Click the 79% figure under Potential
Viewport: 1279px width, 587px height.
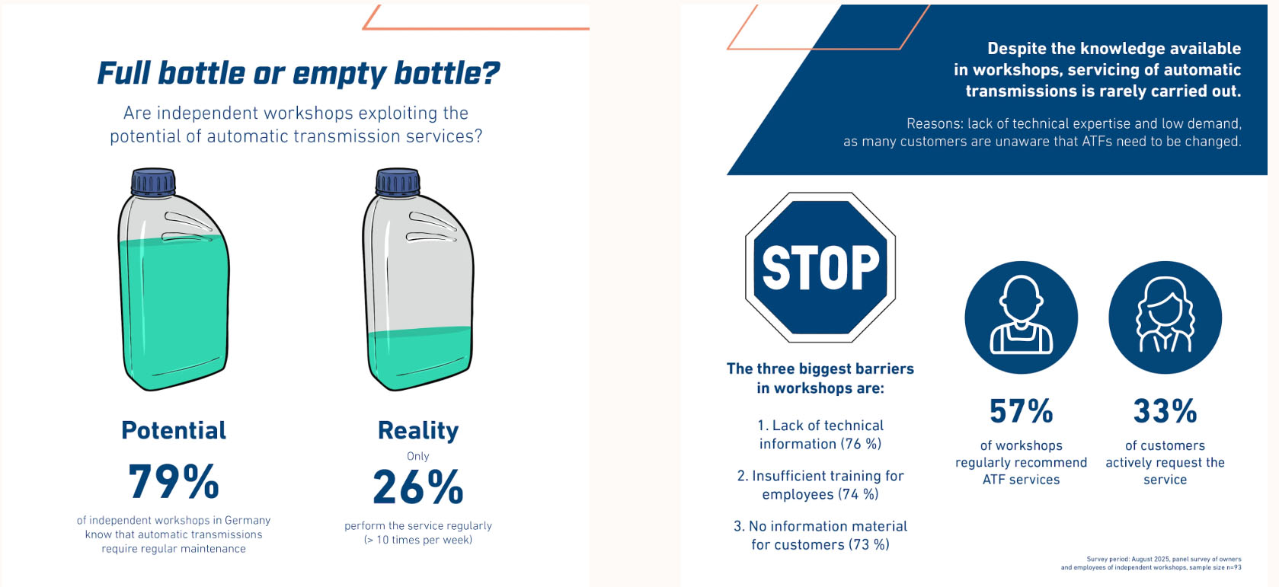coord(174,481)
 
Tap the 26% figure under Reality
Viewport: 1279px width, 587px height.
coord(417,487)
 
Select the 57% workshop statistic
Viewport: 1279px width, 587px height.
coord(1021,411)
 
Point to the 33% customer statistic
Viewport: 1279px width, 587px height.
coord(1165,411)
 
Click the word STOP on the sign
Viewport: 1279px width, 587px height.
coord(820,268)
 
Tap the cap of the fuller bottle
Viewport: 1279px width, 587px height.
coord(153,182)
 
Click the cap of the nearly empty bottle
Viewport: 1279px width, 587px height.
coord(398,182)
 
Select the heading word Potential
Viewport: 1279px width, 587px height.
coord(174,430)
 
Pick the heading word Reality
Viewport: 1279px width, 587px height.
coord(418,430)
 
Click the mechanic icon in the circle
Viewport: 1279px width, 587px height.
coord(1021,317)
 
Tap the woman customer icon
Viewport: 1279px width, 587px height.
coord(1165,317)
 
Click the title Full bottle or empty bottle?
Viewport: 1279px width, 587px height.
coord(298,73)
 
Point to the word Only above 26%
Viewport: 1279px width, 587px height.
coord(418,456)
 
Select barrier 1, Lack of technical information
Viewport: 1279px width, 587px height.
coord(820,435)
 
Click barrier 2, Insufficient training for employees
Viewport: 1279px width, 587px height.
coord(820,485)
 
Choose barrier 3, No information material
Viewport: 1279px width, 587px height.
coord(820,535)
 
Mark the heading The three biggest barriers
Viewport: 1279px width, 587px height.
coord(820,378)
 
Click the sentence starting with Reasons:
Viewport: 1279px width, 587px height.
coord(1042,132)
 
